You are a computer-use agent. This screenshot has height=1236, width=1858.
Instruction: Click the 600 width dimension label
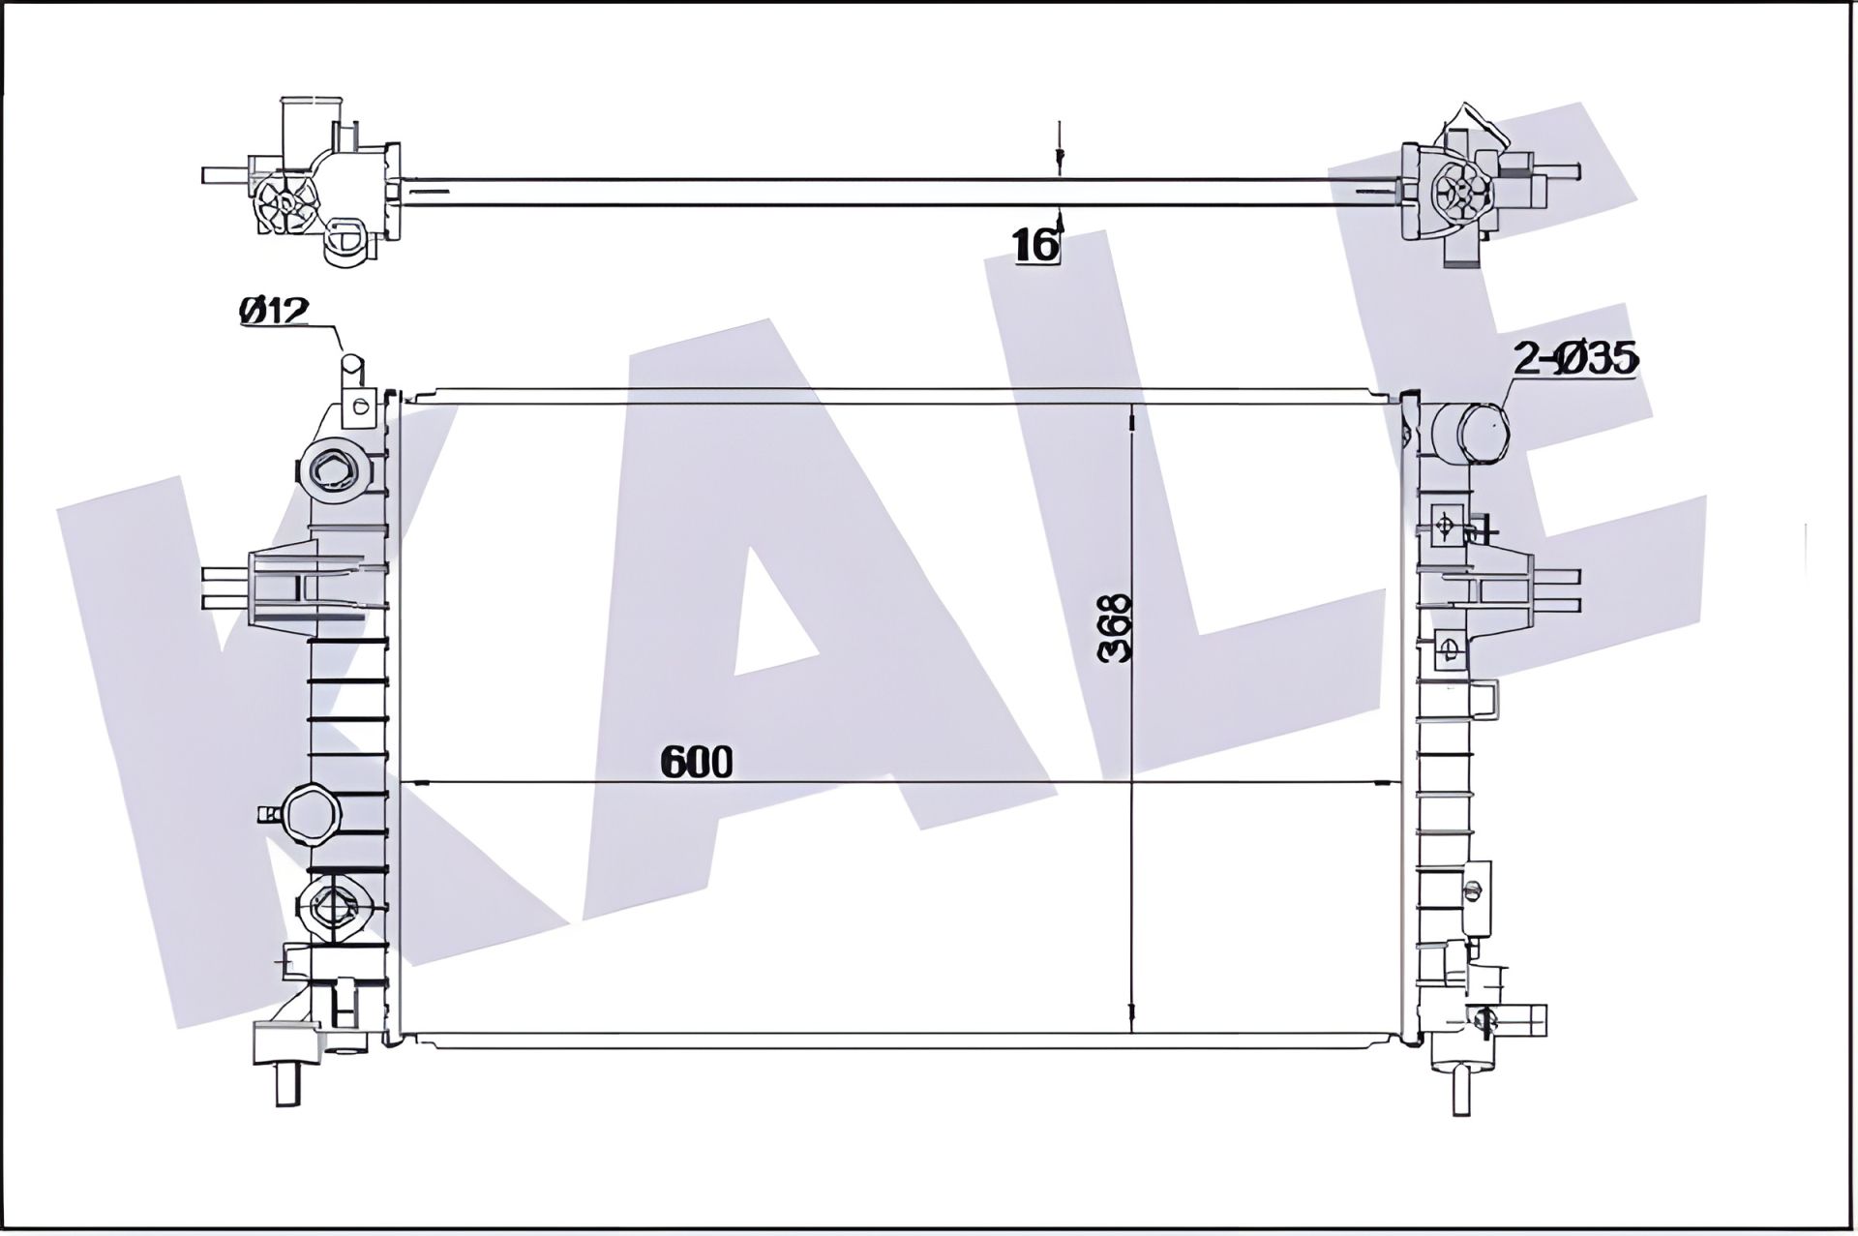click(697, 763)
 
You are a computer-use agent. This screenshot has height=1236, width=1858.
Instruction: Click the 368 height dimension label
click(1116, 628)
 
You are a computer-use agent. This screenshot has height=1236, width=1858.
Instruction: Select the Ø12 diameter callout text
click(274, 311)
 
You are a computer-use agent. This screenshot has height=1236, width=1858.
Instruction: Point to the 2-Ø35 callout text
click(1575, 359)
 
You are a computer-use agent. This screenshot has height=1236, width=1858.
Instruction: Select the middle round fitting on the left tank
click(309, 814)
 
